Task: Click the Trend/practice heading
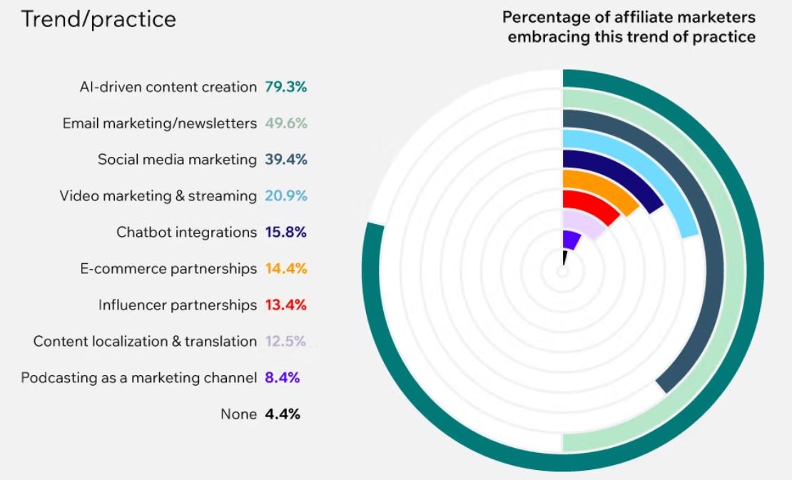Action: [98, 19]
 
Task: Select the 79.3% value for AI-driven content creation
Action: [285, 87]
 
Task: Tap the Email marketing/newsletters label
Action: [159, 123]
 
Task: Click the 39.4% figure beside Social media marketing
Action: [285, 160]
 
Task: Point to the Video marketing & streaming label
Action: [158, 196]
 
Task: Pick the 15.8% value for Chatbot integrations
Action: [285, 233]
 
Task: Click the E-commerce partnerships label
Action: [168, 269]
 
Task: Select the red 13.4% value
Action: [285, 305]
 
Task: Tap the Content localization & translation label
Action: [145, 342]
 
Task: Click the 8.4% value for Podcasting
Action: [282, 378]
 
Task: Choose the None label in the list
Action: [238, 414]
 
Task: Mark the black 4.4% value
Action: [282, 414]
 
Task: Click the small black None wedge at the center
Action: [564, 257]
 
